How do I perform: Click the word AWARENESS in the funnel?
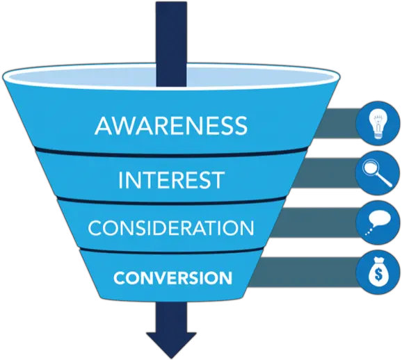tap(171, 126)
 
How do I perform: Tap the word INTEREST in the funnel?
tap(171, 180)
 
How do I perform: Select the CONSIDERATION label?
tap(171, 227)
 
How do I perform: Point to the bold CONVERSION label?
tap(172, 278)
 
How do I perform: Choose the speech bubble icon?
tap(378, 223)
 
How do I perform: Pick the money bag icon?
tap(378, 272)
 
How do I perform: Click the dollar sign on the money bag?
tap(378, 275)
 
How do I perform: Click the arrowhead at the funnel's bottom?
tap(171, 345)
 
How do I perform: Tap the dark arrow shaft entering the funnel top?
tap(171, 44)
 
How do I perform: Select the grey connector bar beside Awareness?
tap(337, 124)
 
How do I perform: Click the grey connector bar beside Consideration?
tap(314, 222)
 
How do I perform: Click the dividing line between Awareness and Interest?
tap(171, 153)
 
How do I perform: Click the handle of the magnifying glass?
tap(385, 179)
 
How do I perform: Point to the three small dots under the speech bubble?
tap(369, 231)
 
